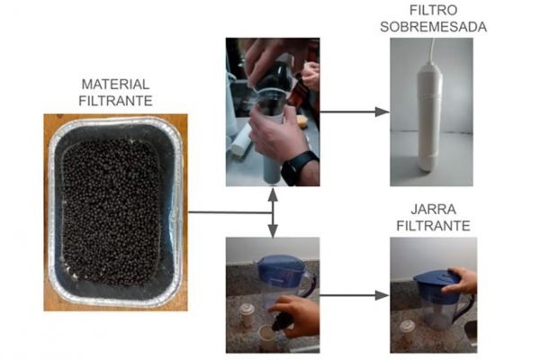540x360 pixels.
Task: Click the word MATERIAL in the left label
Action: (x=115, y=85)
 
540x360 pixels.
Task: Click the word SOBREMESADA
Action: (x=433, y=27)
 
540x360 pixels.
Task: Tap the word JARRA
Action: (x=433, y=210)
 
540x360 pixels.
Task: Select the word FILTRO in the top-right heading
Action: (x=433, y=10)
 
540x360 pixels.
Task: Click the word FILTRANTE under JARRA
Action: (x=433, y=226)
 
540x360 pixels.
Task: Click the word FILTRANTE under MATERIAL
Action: (x=115, y=101)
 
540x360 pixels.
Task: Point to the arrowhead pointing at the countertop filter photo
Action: (x=382, y=112)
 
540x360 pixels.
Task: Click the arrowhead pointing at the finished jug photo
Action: (x=382, y=295)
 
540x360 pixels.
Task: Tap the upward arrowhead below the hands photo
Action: (x=273, y=195)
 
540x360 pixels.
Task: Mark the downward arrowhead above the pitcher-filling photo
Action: (x=273, y=230)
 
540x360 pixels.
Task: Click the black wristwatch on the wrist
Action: (x=299, y=166)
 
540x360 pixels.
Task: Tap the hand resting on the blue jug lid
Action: (x=461, y=280)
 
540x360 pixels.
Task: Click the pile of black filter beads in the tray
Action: (x=111, y=212)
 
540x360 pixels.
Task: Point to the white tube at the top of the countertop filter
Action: (x=432, y=50)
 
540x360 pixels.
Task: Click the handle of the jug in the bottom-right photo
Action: (x=465, y=309)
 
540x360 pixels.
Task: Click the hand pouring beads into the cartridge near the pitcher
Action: (x=295, y=316)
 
